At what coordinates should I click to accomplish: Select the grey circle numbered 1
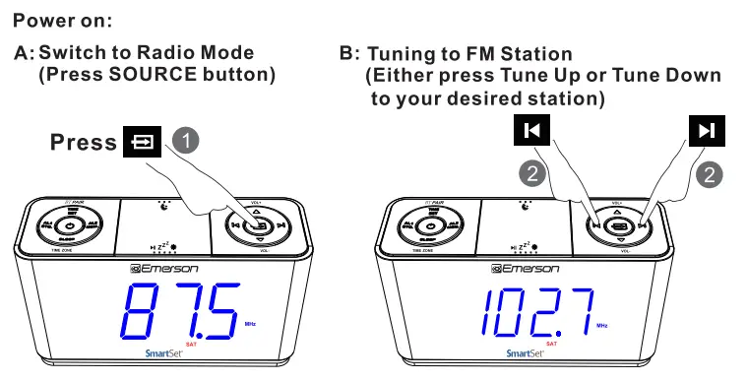(185, 141)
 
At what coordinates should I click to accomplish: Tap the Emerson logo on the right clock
(526, 268)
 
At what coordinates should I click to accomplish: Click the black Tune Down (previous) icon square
(532, 131)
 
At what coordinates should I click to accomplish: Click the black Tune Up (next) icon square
(706, 131)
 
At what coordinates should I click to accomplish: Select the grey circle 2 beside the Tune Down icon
(531, 174)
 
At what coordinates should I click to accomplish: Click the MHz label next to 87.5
(249, 324)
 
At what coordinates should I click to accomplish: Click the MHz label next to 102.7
(601, 324)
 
